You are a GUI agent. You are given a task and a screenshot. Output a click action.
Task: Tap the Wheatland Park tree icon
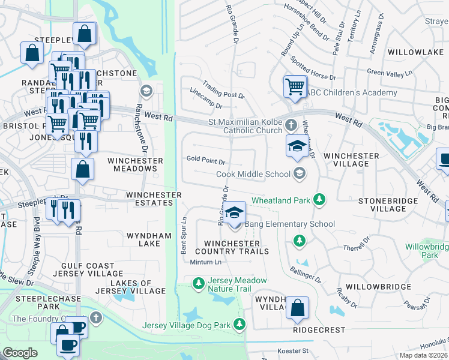(320, 199)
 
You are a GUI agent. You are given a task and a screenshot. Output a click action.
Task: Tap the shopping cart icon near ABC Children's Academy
(295, 86)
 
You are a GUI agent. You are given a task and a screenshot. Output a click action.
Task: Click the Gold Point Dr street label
(205, 161)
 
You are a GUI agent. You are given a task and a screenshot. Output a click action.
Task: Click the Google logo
(20, 353)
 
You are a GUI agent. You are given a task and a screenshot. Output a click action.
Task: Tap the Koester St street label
(292, 350)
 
